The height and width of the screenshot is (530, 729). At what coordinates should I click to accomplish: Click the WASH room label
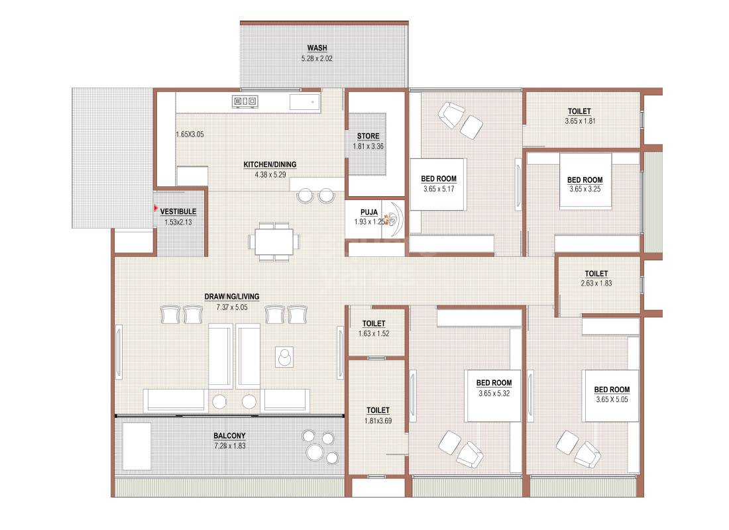click(x=317, y=48)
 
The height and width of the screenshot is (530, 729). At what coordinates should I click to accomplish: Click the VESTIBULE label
click(x=178, y=212)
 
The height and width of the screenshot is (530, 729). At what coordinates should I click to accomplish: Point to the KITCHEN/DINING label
click(x=270, y=165)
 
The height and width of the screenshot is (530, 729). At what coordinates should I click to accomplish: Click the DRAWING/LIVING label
click(x=232, y=296)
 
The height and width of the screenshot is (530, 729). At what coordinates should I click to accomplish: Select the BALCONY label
click(x=229, y=436)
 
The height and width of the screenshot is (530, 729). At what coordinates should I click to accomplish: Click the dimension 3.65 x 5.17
click(x=439, y=189)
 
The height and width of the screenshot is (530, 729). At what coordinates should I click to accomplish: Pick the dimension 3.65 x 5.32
click(x=494, y=393)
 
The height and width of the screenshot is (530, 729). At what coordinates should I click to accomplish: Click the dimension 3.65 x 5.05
click(x=612, y=399)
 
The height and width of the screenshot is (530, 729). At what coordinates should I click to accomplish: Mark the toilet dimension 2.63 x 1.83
click(x=596, y=284)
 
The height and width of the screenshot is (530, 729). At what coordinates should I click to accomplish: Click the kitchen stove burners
click(x=245, y=101)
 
